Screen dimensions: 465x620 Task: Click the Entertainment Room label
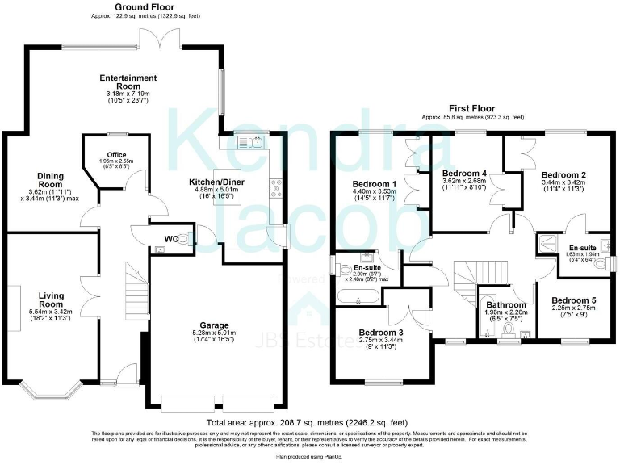click(128, 82)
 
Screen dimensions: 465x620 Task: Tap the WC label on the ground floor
click(171, 239)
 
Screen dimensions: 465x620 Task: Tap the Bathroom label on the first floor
click(506, 304)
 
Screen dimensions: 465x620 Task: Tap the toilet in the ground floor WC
click(185, 240)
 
